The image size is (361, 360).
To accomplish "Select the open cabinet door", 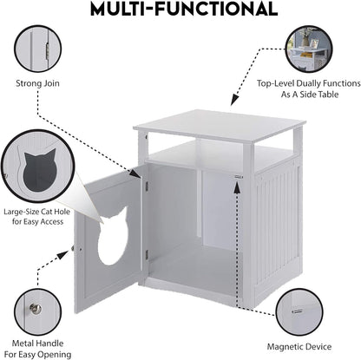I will pyautogui.click(x=108, y=239).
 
